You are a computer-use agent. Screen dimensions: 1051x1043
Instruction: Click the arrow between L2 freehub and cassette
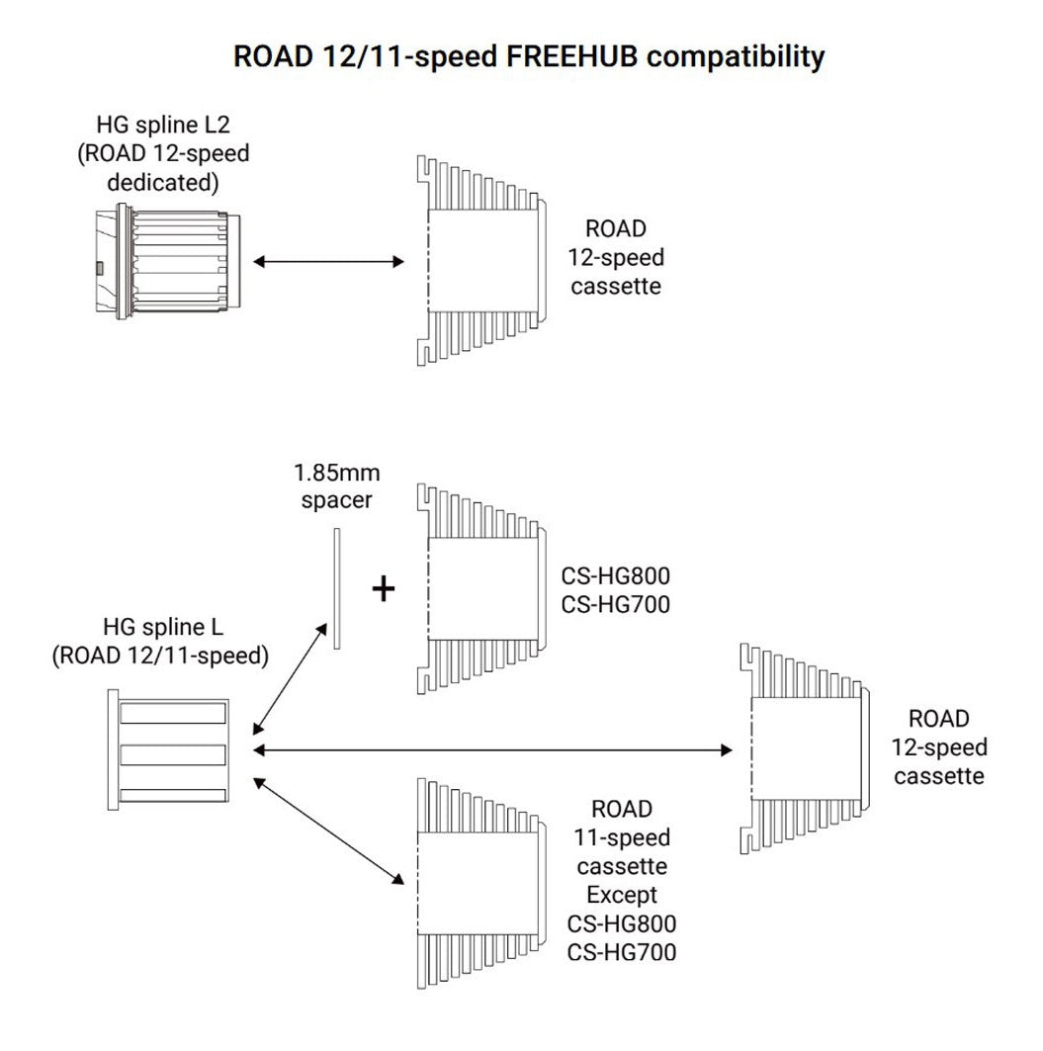pos(328,262)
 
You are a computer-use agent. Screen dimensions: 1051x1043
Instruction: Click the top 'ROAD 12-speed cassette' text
pos(616,257)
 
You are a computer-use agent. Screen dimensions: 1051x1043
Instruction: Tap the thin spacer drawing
pos(337,588)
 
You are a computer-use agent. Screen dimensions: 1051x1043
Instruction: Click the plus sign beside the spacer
pos(384,589)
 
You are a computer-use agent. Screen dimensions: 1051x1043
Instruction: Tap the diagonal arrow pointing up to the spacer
pos(291,676)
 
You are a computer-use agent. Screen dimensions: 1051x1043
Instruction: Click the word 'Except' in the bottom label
pos(622,896)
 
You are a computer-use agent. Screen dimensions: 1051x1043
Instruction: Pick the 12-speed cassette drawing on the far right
pos(807,748)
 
